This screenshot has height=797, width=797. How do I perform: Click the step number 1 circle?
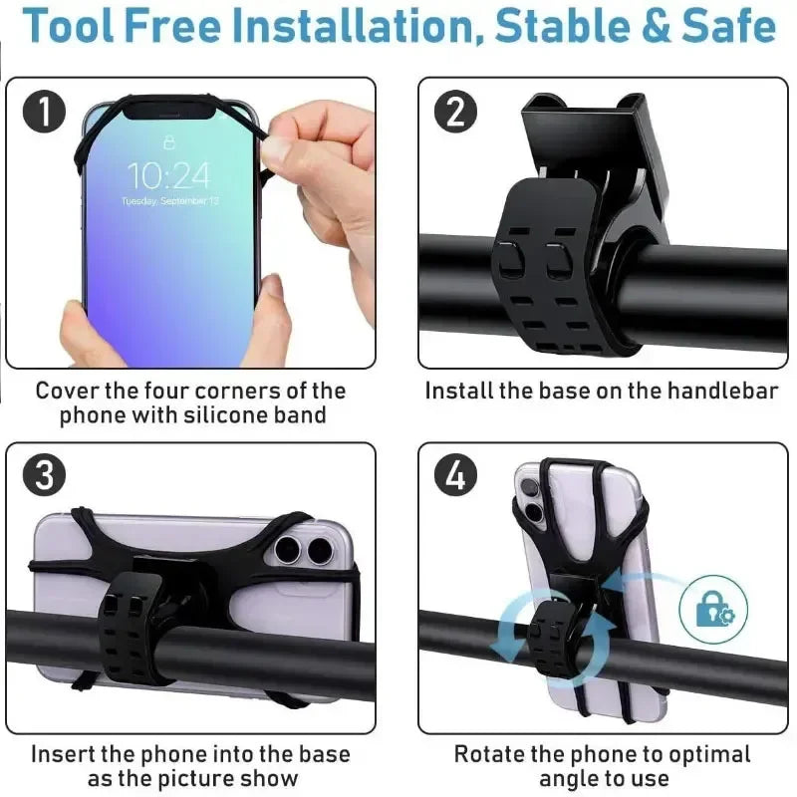click(44, 113)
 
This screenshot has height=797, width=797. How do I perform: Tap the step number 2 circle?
click(455, 113)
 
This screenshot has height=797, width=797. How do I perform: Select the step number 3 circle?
click(44, 476)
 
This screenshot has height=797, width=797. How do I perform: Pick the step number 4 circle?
click(455, 476)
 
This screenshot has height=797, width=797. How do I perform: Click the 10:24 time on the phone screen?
click(169, 177)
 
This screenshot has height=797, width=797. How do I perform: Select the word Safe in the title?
click(728, 28)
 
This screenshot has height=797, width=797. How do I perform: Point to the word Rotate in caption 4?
click(489, 753)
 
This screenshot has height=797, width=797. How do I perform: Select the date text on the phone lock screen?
click(169, 201)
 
